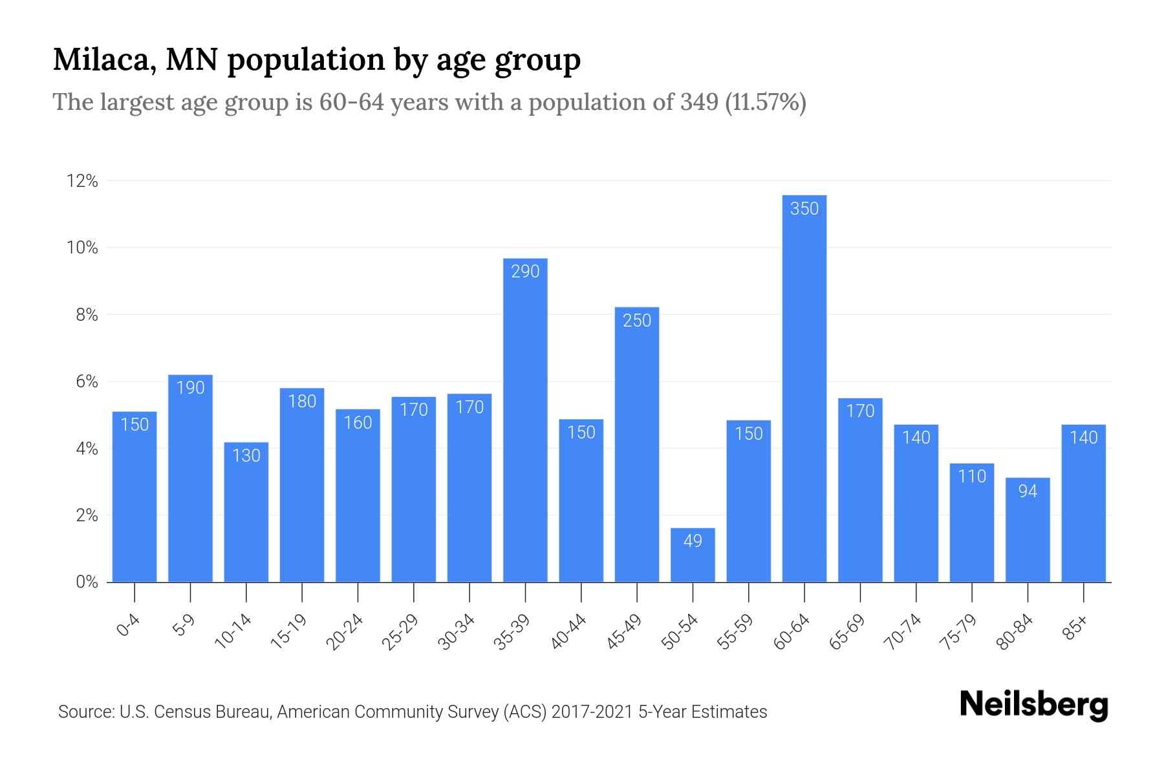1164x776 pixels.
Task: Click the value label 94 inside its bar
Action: pyautogui.click(x=1028, y=491)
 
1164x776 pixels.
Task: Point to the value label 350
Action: pyautogui.click(x=804, y=209)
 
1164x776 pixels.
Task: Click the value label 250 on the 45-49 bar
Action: pyautogui.click(x=637, y=321)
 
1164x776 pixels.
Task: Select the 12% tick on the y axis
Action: pyautogui.click(x=82, y=181)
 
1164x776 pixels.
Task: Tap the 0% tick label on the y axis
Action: pyautogui.click(x=87, y=582)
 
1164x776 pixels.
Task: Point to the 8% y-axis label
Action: pyautogui.click(x=87, y=315)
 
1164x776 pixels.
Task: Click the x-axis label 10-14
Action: pyautogui.click(x=233, y=632)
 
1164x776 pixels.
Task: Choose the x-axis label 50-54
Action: pyautogui.click(x=680, y=632)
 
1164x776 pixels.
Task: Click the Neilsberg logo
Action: pyautogui.click(x=1033, y=705)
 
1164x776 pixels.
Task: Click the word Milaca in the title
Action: pyautogui.click(x=99, y=60)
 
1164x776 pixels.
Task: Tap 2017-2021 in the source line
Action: pyautogui.click(x=592, y=712)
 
